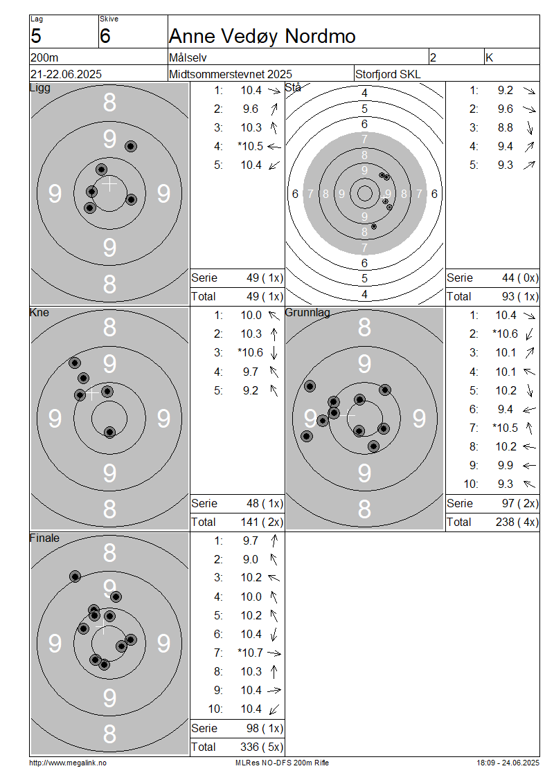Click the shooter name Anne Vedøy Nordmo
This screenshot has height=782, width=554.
point(262,36)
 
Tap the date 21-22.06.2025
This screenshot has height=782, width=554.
point(66,74)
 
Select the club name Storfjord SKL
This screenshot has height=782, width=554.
point(388,74)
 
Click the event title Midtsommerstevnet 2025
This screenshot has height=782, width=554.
point(231,74)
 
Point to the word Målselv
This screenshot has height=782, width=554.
point(188,58)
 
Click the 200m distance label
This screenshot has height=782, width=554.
point(44,58)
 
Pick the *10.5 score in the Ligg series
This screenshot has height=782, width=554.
point(251,146)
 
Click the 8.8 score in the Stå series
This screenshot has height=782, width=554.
point(505,127)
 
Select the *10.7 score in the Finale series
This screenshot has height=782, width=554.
point(250,653)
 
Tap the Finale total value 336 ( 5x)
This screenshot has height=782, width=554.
point(262,747)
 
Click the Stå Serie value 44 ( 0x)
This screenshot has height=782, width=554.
point(520,278)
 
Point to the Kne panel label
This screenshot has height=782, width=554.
point(39,312)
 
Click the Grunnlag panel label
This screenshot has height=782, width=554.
point(307,313)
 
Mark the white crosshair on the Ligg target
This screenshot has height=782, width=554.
point(109,184)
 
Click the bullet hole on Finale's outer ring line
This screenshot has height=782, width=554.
point(75,576)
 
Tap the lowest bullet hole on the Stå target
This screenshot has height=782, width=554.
point(374,226)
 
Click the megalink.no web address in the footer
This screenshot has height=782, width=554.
point(68,763)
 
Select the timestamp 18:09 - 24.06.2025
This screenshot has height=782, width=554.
point(508,763)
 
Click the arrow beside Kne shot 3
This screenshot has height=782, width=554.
point(274,353)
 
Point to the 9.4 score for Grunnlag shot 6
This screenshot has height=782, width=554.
point(505,410)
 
